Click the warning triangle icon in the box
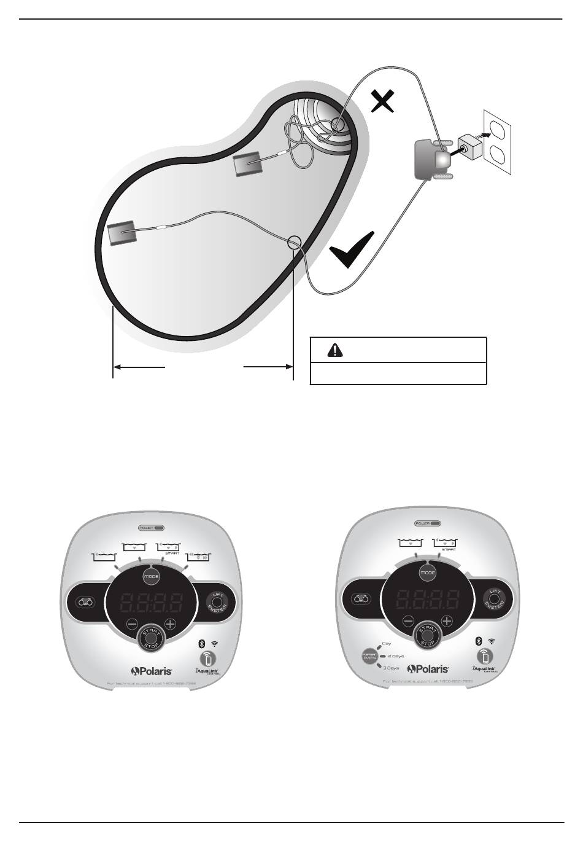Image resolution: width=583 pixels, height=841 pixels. pyautogui.click(x=334, y=350)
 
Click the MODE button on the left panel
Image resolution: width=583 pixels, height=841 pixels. pyautogui.click(x=151, y=577)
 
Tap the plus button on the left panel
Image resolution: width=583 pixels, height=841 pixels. pyautogui.click(x=170, y=625)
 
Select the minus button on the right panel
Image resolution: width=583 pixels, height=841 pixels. pyautogui.click(x=408, y=621)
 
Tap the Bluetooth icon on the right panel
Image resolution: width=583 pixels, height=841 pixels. pyautogui.click(x=479, y=641)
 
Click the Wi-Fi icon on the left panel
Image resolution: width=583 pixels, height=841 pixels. pyautogui.click(x=214, y=643)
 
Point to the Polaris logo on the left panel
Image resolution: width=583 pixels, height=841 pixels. pyautogui.click(x=151, y=671)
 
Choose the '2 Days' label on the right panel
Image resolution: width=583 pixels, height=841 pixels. pyautogui.click(x=396, y=656)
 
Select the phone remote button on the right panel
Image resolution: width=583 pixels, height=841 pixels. pyautogui.click(x=485, y=657)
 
